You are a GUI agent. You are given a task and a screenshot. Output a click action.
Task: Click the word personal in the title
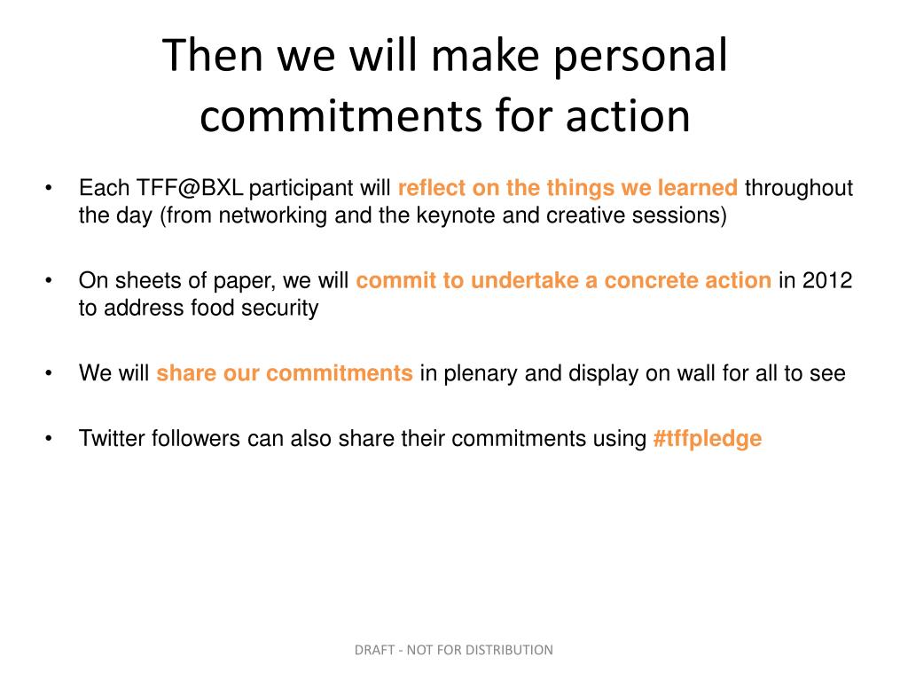[x=640, y=58]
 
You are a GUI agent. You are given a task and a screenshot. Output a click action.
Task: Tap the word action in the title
[x=628, y=116]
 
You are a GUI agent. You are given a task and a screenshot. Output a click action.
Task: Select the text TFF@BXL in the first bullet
[x=190, y=188]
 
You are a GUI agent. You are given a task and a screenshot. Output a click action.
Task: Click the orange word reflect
[x=432, y=188]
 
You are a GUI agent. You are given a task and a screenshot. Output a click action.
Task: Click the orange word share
[x=186, y=373]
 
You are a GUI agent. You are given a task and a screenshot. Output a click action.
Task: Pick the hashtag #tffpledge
[x=707, y=439]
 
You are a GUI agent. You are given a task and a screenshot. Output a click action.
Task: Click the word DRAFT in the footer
[x=374, y=650]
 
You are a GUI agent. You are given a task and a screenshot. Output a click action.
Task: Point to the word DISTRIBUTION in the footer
[x=509, y=650]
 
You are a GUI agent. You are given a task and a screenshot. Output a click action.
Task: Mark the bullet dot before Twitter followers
[x=49, y=438]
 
